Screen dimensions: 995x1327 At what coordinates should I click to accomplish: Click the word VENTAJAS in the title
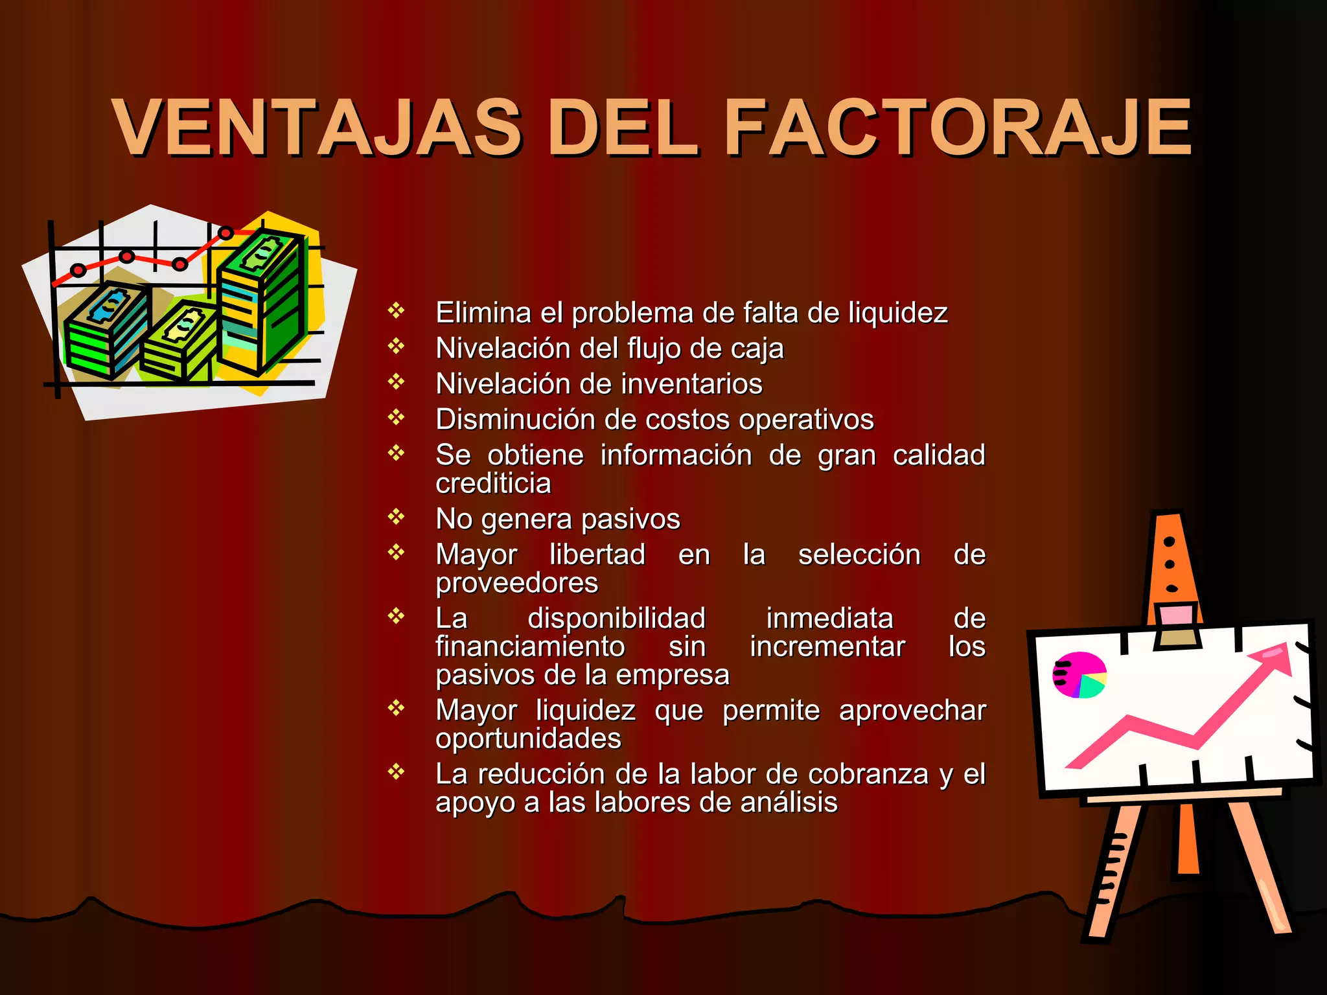317,128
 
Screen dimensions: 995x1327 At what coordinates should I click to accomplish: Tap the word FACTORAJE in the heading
958,128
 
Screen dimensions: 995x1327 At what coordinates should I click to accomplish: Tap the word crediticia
493,483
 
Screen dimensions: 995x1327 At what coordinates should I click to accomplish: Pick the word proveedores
516,583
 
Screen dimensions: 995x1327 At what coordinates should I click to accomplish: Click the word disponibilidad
616,618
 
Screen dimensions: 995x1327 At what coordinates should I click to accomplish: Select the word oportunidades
528,738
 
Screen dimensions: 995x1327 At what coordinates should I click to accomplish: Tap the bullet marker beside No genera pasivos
396,517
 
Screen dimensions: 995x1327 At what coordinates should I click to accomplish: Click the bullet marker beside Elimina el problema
396,311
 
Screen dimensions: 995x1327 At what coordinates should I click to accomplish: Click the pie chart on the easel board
1080,675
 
